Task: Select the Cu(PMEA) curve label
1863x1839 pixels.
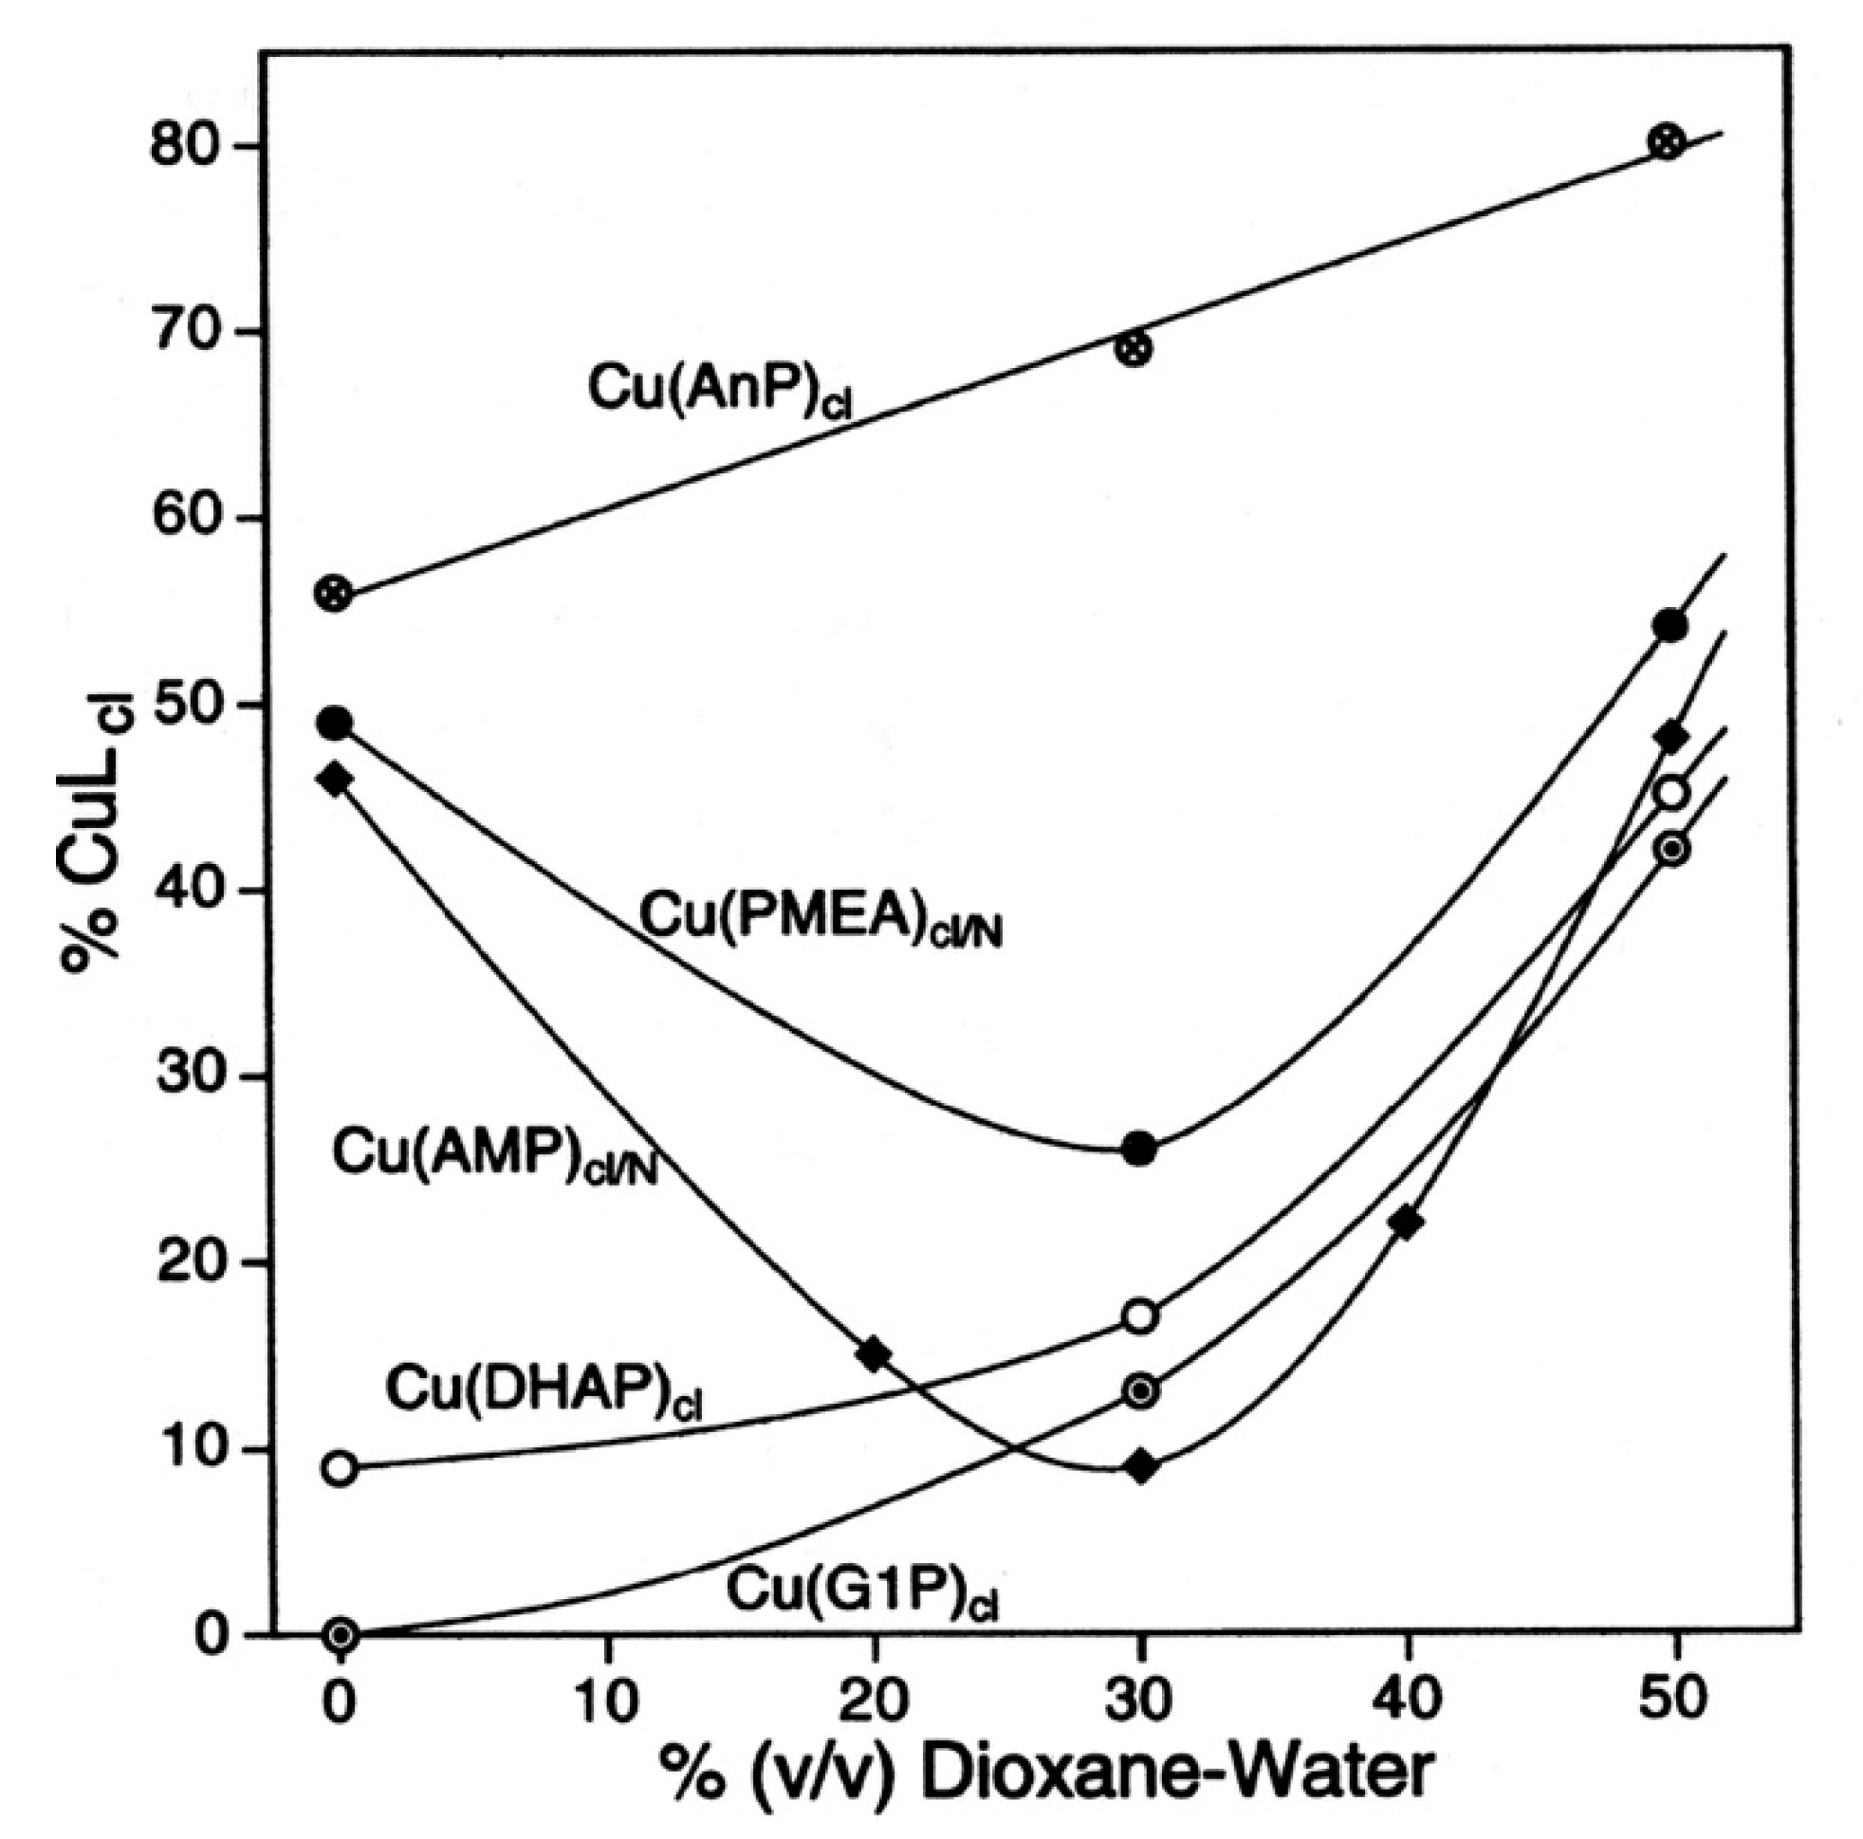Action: click(x=821, y=917)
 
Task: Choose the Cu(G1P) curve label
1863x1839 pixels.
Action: click(x=862, y=1592)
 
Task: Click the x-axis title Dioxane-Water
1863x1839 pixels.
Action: click(x=1047, y=1773)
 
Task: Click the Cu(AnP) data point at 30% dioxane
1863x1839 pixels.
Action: click(x=1134, y=348)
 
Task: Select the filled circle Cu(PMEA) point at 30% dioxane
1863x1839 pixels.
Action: click(x=1140, y=1148)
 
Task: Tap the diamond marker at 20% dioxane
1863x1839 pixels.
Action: click(x=875, y=1354)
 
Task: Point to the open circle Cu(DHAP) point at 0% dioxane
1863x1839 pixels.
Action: click(x=340, y=1469)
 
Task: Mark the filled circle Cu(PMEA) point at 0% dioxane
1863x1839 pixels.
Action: click(x=336, y=723)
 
